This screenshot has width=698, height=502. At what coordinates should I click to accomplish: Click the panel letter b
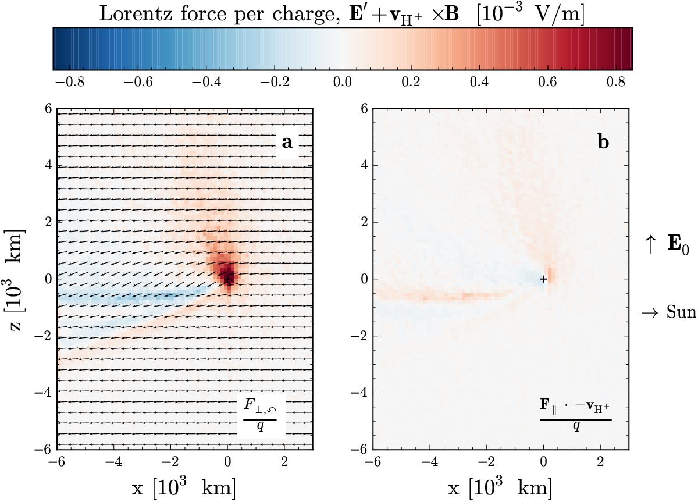click(603, 143)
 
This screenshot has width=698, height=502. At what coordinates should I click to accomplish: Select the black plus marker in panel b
click(543, 279)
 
